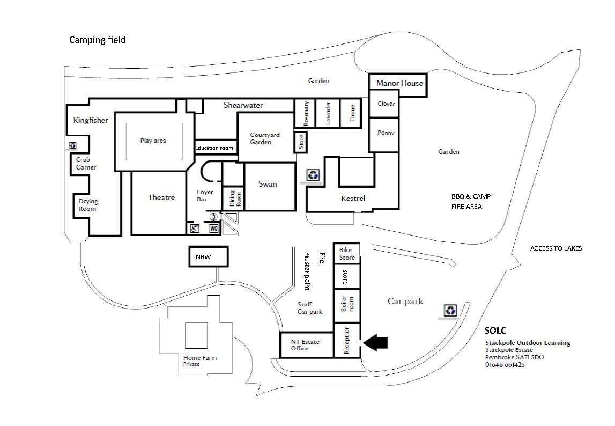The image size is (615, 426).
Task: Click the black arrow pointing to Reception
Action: (x=377, y=343)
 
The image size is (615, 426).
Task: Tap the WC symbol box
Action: (x=213, y=228)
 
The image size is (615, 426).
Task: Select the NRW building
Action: (x=209, y=256)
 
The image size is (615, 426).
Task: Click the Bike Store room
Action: (x=347, y=254)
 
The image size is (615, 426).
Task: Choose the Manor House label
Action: (x=399, y=83)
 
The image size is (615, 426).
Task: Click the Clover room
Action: (x=386, y=104)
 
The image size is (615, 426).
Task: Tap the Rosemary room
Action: (x=306, y=113)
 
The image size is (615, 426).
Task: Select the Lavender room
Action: (x=328, y=113)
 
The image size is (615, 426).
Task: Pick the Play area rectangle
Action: (x=153, y=141)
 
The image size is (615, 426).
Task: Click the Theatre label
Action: (x=161, y=197)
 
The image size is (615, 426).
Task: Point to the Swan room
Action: (x=268, y=184)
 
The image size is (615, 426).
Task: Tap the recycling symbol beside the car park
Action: (x=450, y=310)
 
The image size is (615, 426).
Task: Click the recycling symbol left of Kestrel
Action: (x=313, y=175)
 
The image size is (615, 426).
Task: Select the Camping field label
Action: (x=98, y=40)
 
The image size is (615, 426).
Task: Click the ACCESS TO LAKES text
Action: (x=555, y=248)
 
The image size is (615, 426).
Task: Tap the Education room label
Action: (x=214, y=148)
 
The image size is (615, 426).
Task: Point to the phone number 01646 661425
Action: (x=505, y=365)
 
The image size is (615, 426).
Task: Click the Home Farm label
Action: (x=200, y=358)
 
